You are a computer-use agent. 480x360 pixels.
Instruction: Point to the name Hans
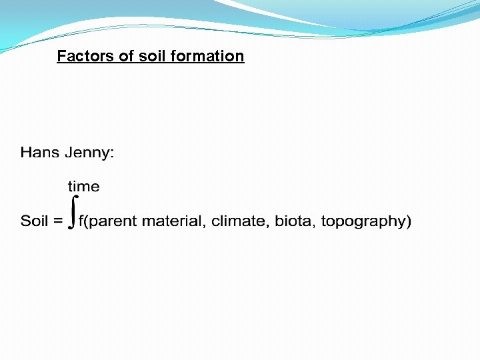(40, 153)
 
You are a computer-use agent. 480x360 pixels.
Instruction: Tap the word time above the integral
(83, 187)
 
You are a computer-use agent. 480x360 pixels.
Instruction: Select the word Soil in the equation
(34, 221)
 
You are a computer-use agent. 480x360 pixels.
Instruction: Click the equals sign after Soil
(58, 221)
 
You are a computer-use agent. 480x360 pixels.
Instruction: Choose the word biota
(292, 221)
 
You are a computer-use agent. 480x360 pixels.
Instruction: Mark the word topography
(363, 221)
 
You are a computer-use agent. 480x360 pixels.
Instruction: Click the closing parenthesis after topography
(409, 221)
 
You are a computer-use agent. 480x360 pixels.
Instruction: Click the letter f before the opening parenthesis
(81, 221)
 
